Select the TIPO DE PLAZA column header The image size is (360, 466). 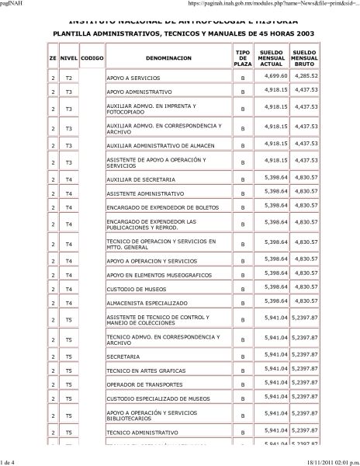(243, 57)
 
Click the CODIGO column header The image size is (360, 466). (92, 57)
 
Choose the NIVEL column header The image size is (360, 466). (68, 57)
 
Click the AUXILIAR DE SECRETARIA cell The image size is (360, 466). (135, 178)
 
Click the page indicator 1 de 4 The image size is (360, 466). (13, 461)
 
